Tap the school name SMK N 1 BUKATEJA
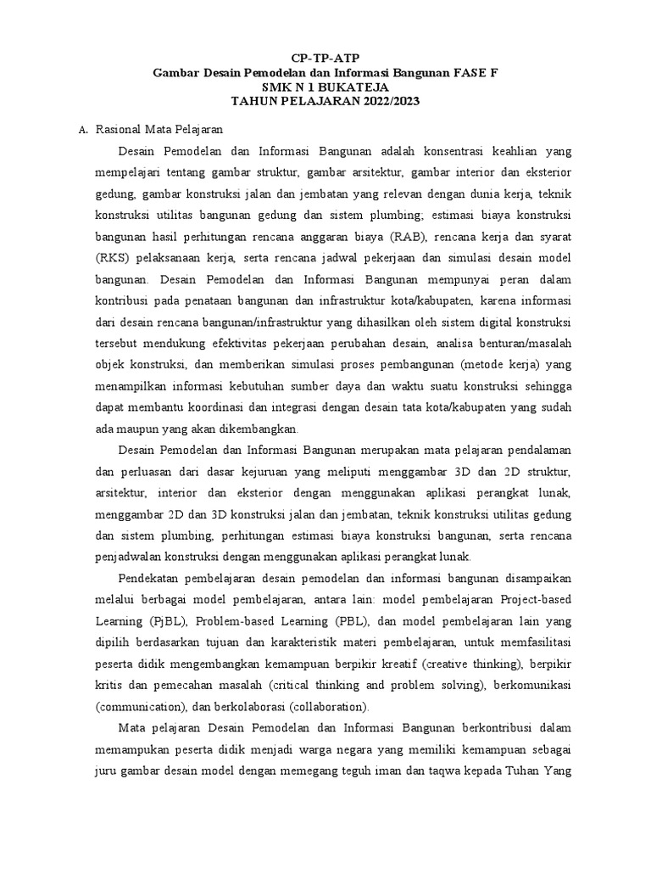[325, 87]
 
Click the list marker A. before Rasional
[82, 130]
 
